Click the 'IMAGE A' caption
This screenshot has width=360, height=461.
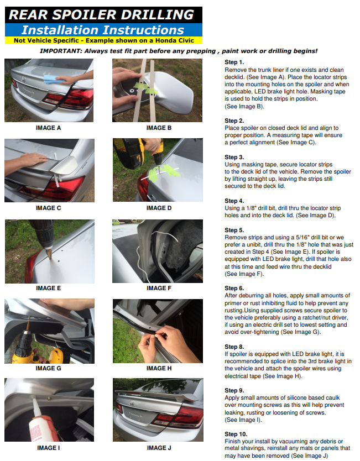point(48,128)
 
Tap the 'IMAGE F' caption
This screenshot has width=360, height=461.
point(159,288)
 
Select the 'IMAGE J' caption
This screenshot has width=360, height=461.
point(159,448)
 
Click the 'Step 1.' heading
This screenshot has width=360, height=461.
point(234,62)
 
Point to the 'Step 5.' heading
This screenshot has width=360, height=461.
point(234,230)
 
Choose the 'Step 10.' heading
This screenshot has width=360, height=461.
point(236,434)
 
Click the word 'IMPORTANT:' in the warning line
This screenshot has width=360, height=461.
point(61,51)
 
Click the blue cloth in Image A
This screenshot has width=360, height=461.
point(51,80)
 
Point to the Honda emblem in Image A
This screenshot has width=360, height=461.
point(24,79)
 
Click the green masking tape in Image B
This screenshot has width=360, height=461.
point(145,88)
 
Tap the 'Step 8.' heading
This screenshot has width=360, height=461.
point(234,347)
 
